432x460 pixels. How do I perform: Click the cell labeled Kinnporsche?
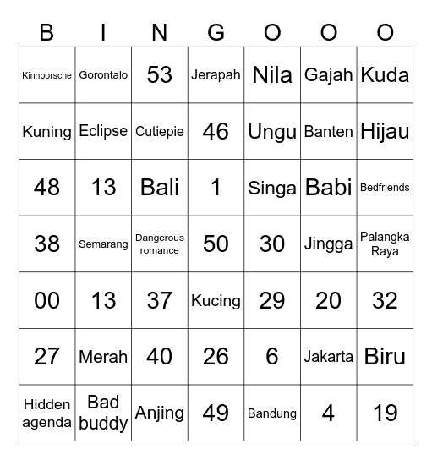pyautogui.click(x=46, y=75)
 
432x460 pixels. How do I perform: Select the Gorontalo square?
pyautogui.click(x=103, y=75)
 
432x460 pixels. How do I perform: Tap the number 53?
pyautogui.click(x=160, y=75)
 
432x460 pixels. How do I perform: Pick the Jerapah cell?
pyautogui.click(x=216, y=75)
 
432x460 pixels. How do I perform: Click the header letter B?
pyautogui.click(x=46, y=33)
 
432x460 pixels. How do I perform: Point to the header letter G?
pyautogui.click(x=216, y=33)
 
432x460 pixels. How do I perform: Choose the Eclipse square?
pyautogui.click(x=103, y=131)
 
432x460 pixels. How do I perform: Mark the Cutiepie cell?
pyautogui.click(x=160, y=132)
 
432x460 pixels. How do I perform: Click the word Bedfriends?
pyautogui.click(x=385, y=188)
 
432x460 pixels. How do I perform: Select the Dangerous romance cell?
pyautogui.click(x=160, y=244)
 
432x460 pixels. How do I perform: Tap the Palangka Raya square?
pyautogui.click(x=385, y=244)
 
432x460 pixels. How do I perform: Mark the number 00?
pyautogui.click(x=46, y=300)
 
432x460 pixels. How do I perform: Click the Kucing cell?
pyautogui.click(x=216, y=300)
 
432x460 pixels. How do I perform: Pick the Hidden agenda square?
pyautogui.click(x=46, y=413)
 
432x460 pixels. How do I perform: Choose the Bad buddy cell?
pyautogui.click(x=103, y=413)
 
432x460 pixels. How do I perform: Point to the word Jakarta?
pyautogui.click(x=328, y=357)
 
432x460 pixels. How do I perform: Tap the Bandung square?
pyautogui.click(x=272, y=413)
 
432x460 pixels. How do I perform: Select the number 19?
pyautogui.click(x=385, y=413)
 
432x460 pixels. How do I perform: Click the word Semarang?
pyautogui.click(x=103, y=244)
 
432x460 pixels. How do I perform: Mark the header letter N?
pyautogui.click(x=160, y=33)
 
